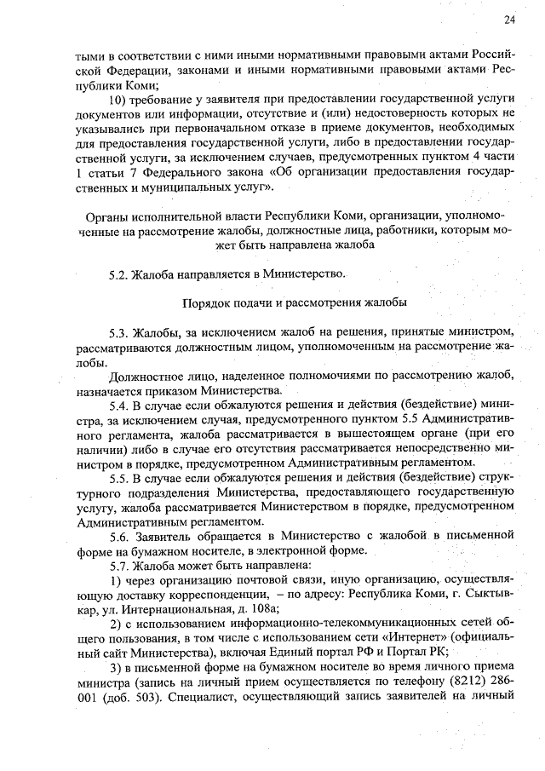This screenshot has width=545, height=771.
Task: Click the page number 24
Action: point(509,20)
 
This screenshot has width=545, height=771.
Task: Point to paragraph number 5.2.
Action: point(120,273)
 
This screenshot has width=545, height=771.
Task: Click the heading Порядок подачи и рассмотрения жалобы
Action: point(295,302)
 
